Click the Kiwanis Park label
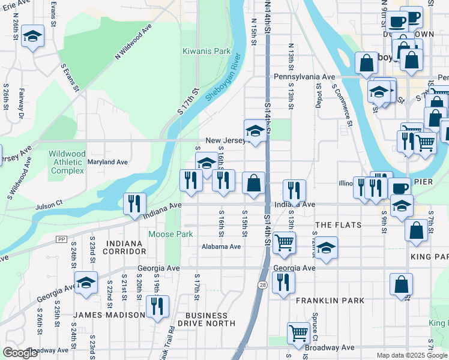tap(206, 52)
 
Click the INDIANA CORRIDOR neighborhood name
tap(124, 247)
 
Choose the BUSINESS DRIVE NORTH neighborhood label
tap(210, 319)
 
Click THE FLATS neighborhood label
tap(338, 225)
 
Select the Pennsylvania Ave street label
tap(304, 77)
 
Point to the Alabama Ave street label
tap(221, 247)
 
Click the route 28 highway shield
tap(262, 284)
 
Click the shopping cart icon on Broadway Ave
tap(298, 333)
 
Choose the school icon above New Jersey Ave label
tap(255, 131)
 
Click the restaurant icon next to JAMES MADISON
tap(157, 306)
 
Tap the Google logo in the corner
tap(20, 353)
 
